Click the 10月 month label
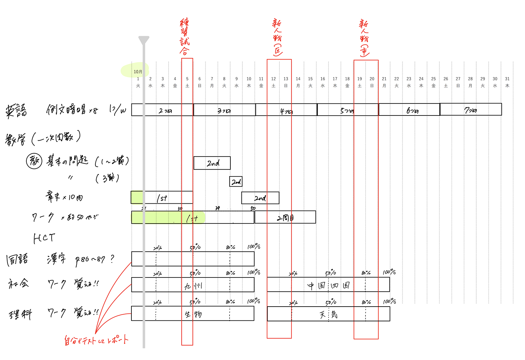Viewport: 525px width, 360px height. (x=138, y=72)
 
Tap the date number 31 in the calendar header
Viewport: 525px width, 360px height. (x=507, y=79)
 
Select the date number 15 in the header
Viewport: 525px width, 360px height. (x=310, y=79)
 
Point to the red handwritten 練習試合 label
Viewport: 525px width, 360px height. (x=185, y=36)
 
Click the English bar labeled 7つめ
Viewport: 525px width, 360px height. (x=471, y=109)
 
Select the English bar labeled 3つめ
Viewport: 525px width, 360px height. (x=224, y=110)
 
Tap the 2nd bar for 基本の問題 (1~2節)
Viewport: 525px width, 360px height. (x=212, y=163)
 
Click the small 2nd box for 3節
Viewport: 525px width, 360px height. (x=236, y=181)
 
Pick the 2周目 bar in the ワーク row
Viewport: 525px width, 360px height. (x=285, y=217)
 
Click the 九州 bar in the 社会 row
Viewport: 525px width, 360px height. (x=193, y=285)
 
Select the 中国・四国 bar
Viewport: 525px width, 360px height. (x=328, y=285)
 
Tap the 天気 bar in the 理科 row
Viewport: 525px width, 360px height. (x=328, y=314)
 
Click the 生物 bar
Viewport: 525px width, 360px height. (x=193, y=314)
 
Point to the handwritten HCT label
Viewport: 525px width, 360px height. (x=44, y=238)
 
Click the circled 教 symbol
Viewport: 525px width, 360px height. (x=34, y=161)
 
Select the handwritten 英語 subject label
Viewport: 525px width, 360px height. (x=16, y=111)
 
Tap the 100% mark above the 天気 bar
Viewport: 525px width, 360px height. (x=389, y=301)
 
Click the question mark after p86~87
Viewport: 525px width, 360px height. (x=112, y=259)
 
